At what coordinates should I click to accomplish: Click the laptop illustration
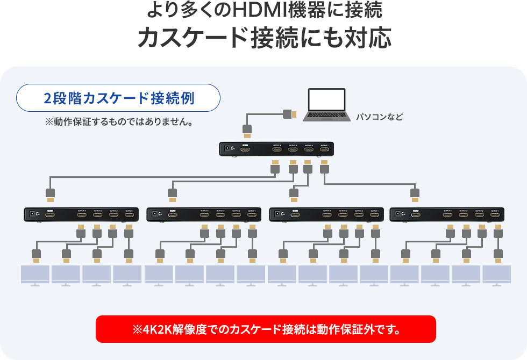pos(326,106)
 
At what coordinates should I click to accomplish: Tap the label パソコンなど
pos(379,117)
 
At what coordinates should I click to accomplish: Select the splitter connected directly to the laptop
pos(276,149)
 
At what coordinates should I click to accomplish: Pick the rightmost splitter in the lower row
pos(447,214)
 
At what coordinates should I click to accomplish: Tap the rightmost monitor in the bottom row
pos(496,275)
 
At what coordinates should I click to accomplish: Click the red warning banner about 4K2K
pos(266,329)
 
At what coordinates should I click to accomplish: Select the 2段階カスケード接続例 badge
pos(119,98)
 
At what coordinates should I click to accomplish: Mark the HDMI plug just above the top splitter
pos(247,131)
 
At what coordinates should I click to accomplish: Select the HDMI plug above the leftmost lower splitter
pos(50,194)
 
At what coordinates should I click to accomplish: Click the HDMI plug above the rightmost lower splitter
pos(415,194)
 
